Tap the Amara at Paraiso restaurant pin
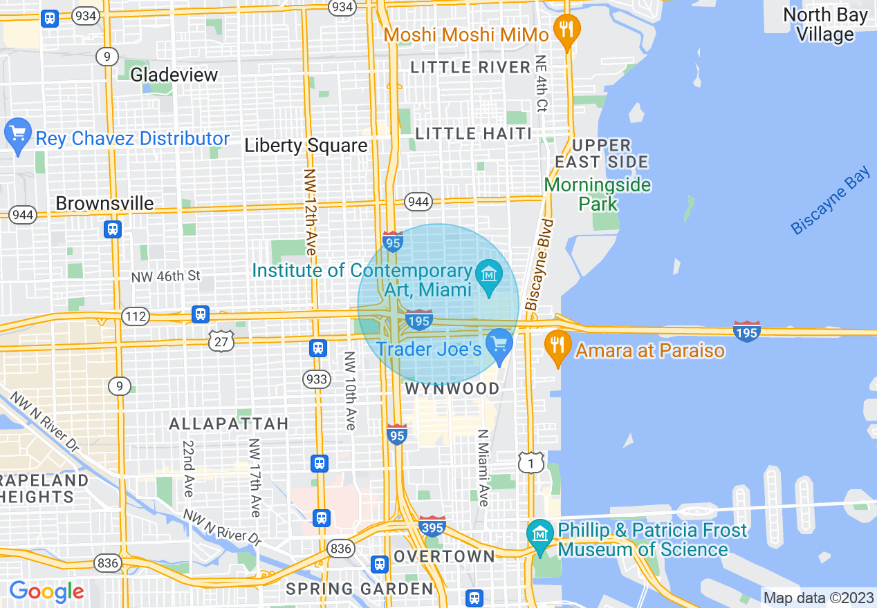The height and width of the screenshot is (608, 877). point(557,343)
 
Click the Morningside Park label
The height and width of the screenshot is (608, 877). point(597,194)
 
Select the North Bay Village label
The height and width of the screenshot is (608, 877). point(825,25)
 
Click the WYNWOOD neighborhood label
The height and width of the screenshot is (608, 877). point(452,389)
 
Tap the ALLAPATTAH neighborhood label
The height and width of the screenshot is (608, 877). point(228,424)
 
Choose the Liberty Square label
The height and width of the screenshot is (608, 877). point(306,146)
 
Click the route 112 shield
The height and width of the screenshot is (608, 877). point(135,316)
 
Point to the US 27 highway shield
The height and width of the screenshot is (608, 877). point(221,340)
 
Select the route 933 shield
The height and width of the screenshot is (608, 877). point(317,379)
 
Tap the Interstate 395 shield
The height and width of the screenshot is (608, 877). point(432,526)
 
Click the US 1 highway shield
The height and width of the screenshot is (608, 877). point(531,463)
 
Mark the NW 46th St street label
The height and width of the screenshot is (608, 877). point(165,276)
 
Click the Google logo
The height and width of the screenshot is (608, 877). point(46,591)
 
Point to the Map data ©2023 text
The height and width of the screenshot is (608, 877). point(817,597)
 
